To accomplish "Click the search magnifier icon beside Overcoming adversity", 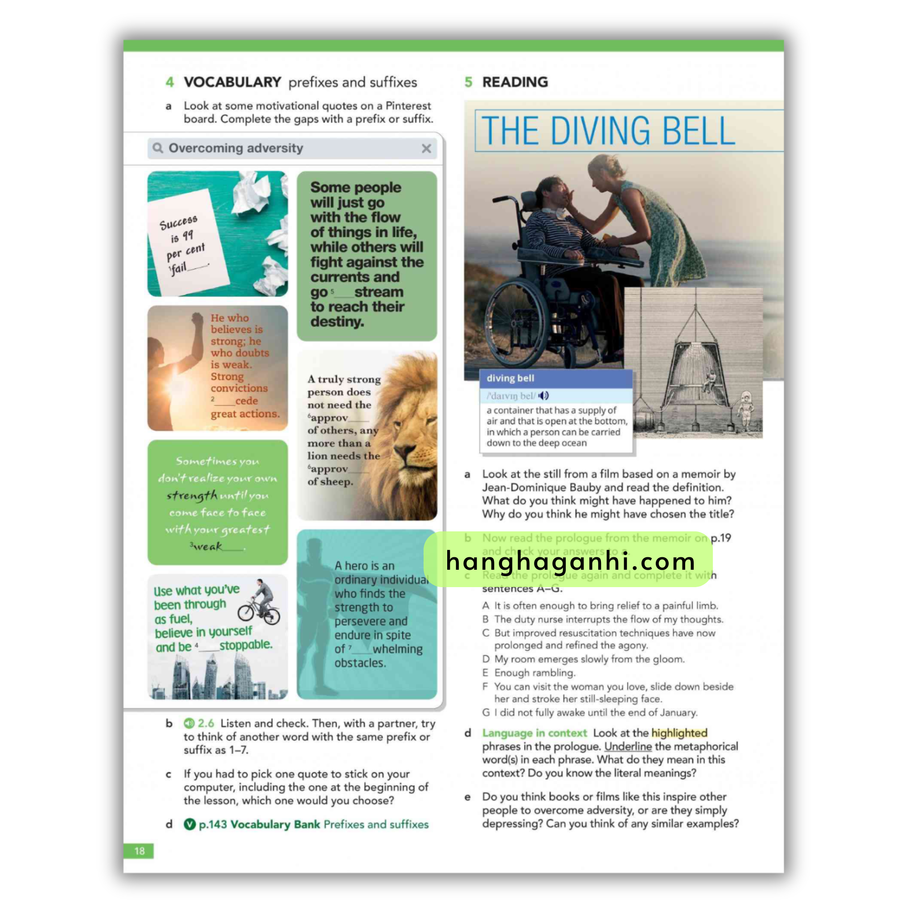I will (x=158, y=148).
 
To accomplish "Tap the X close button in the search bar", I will (x=426, y=148).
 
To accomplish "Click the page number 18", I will (x=140, y=851).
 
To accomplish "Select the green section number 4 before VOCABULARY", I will (x=170, y=82).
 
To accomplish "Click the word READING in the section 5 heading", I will (x=515, y=82).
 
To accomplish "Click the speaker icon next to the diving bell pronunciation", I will (x=544, y=395).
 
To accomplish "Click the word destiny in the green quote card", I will (x=337, y=322).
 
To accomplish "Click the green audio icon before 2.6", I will (x=189, y=723).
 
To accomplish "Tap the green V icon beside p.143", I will (x=189, y=824).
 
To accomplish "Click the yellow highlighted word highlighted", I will (x=679, y=733).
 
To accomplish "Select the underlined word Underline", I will (x=628, y=747).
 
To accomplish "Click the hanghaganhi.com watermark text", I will (x=570, y=561).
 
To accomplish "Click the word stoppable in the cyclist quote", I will (x=246, y=645).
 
